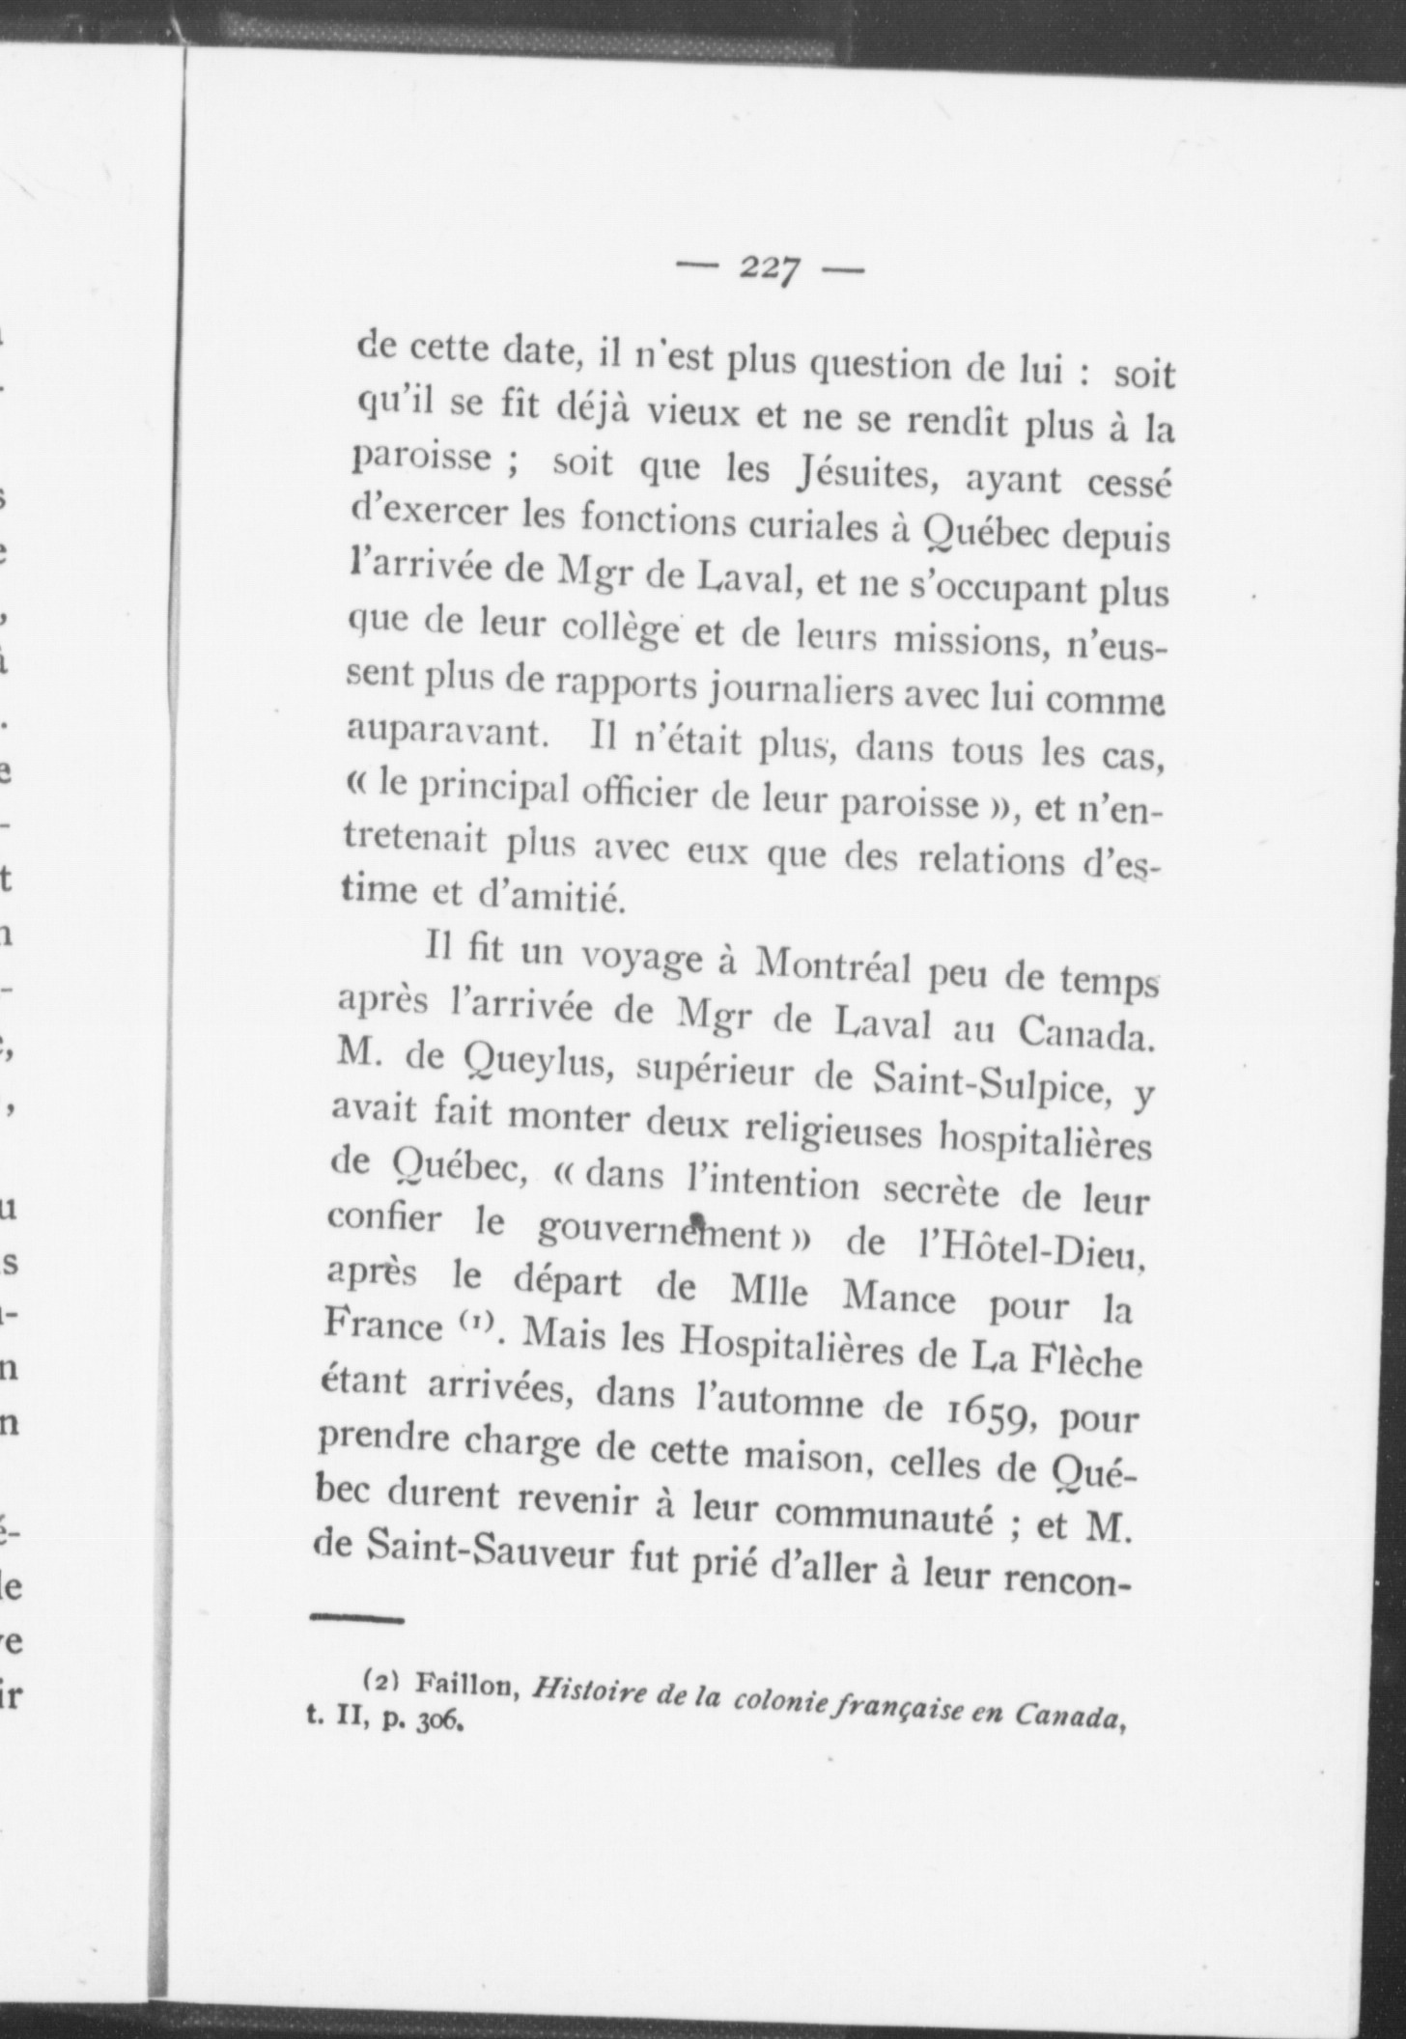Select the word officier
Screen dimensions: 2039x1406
pos(642,794)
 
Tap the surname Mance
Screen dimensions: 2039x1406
pos(897,1299)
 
